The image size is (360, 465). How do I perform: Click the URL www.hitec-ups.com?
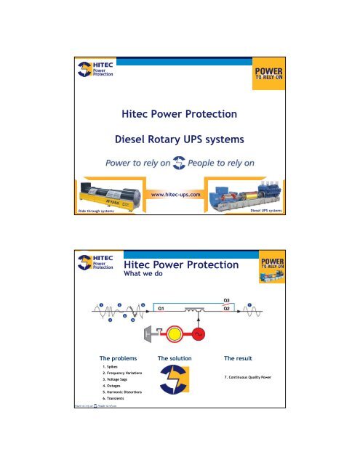coord(180,195)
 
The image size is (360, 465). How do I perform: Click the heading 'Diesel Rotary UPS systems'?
coord(180,139)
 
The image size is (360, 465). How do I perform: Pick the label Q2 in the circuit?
coord(228,309)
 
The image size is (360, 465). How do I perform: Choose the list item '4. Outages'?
coord(113,391)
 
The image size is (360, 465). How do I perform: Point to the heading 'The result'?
coord(242,359)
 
